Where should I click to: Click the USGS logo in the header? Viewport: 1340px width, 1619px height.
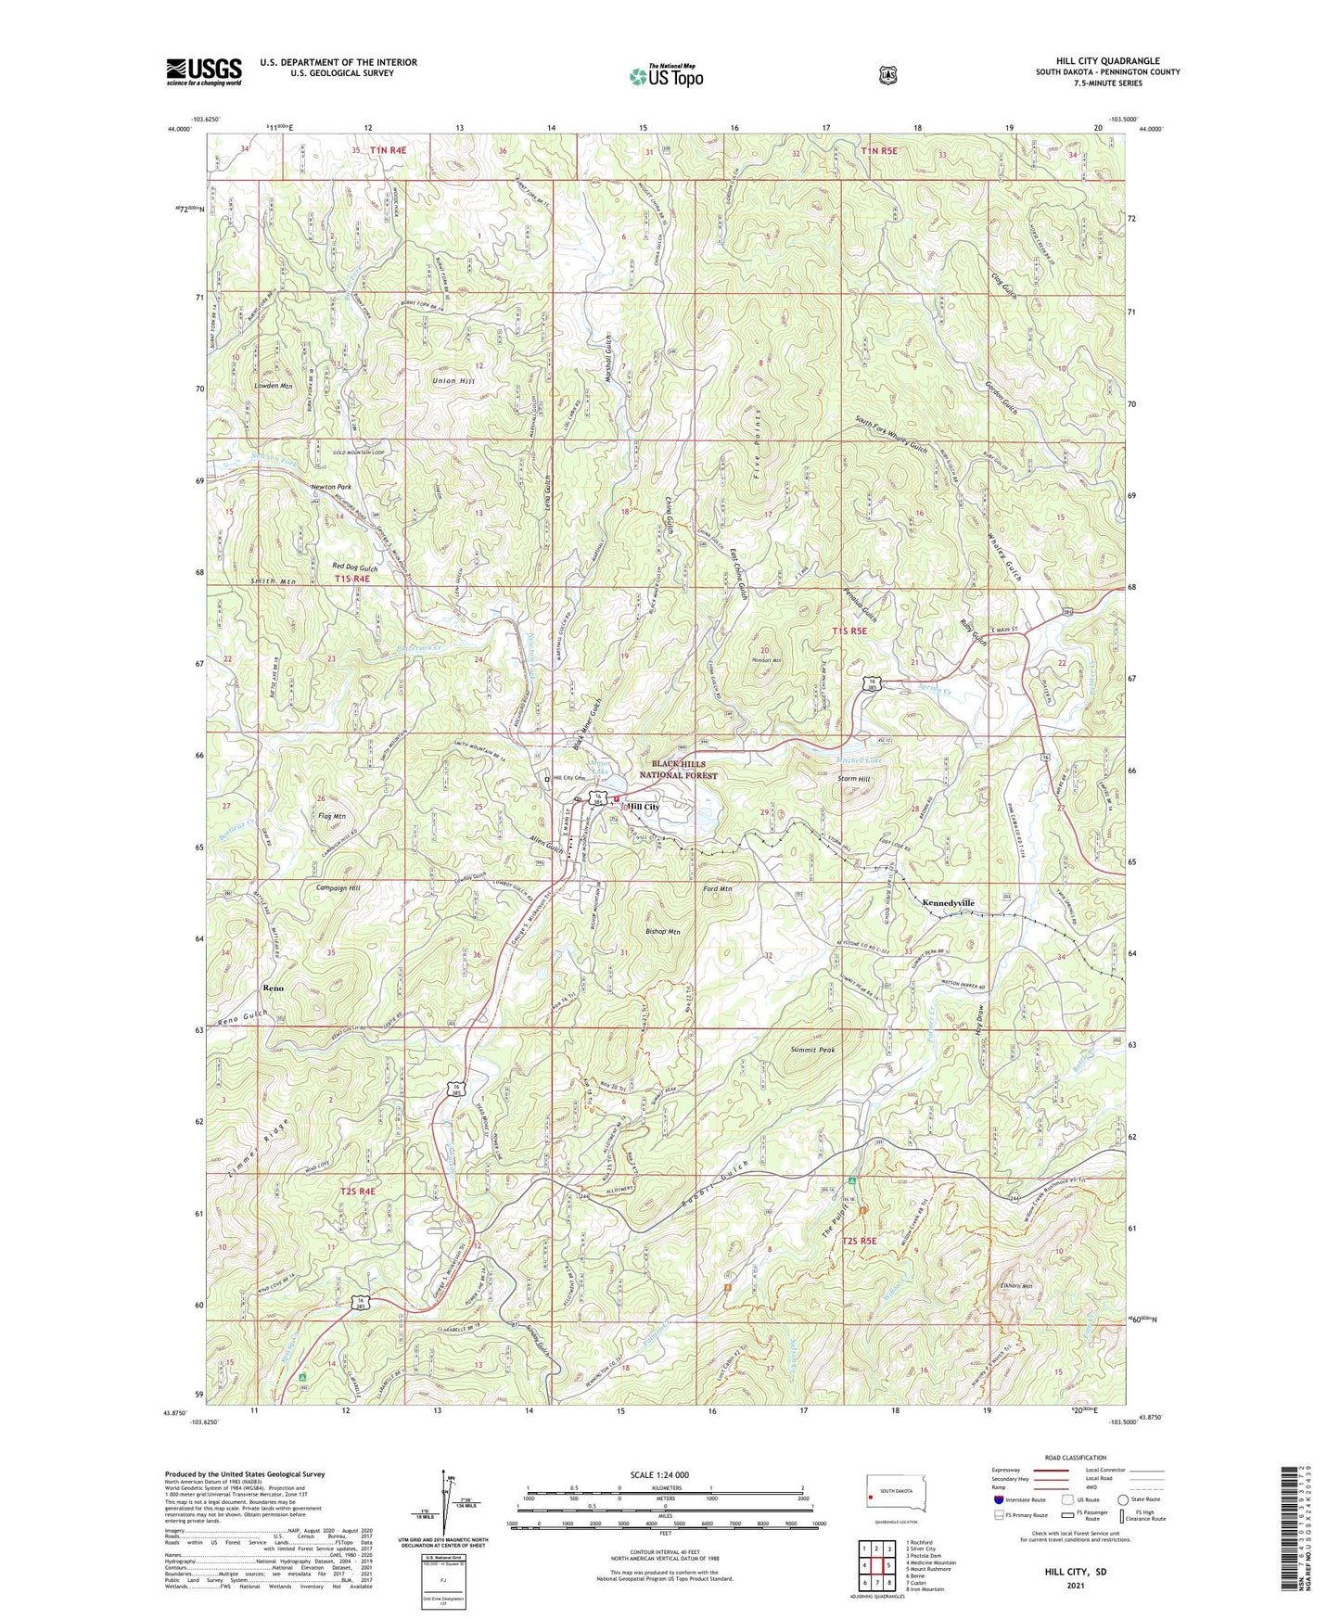pos(204,71)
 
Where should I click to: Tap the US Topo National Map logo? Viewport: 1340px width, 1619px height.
pos(666,75)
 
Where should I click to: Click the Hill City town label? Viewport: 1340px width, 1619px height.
pos(644,807)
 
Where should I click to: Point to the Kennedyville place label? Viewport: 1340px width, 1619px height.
pos(948,902)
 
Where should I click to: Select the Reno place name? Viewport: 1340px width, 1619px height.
pos(274,988)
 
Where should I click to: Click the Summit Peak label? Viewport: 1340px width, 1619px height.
pos(813,1050)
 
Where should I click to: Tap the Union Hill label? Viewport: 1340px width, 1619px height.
pos(453,381)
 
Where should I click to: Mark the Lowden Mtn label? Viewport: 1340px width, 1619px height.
pos(274,385)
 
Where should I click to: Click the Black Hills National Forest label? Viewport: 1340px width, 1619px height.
pos(685,769)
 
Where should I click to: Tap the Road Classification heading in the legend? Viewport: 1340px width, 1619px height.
pos(1074,1458)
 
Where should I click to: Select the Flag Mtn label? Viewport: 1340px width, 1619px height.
pos(331,817)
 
